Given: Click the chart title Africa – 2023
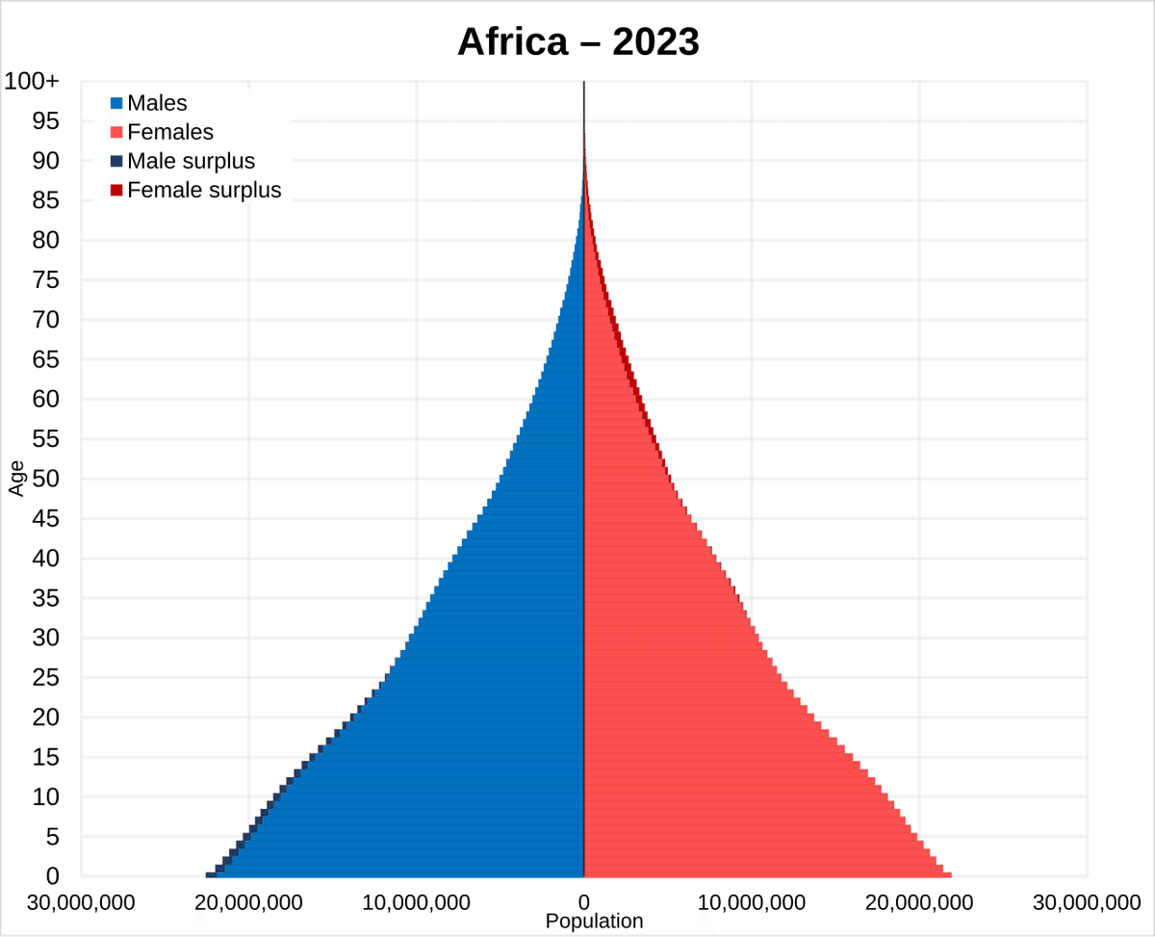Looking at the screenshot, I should click(x=577, y=41).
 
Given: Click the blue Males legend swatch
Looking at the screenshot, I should click(x=116, y=103).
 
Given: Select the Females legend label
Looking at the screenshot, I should click(x=170, y=132).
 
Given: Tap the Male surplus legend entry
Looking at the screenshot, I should click(x=191, y=161).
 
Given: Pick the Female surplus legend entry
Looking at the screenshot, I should click(x=204, y=190).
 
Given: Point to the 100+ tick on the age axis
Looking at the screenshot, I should click(x=32, y=82).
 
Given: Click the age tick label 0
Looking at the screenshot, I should click(x=53, y=876).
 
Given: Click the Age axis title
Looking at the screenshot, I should click(x=16, y=479).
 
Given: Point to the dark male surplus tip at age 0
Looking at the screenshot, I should click(x=211, y=874).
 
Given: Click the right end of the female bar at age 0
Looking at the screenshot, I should click(x=950, y=874).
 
